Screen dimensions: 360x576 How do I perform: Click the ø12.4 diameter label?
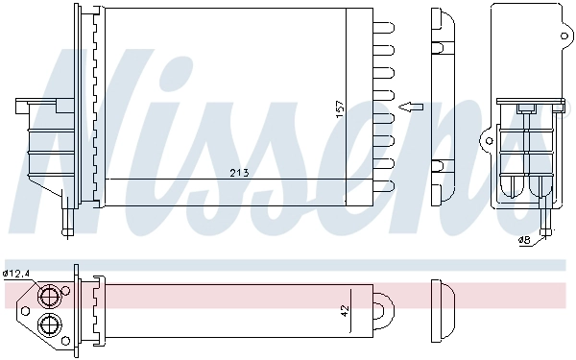pos(16,274)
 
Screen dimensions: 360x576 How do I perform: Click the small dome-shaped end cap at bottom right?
pos(443,309)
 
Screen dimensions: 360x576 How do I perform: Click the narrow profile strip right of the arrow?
pos(443,106)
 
